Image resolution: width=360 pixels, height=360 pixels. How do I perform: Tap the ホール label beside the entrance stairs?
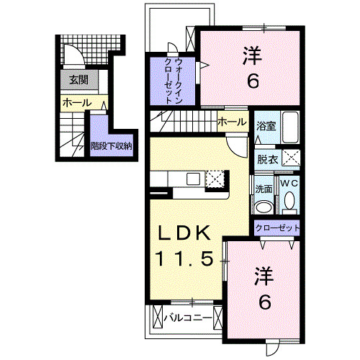[77, 103]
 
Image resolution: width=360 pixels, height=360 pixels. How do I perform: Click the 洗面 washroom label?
[264, 189]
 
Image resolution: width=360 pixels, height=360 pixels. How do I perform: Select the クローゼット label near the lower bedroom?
[276, 228]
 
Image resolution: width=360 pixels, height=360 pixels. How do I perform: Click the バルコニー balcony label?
[186, 316]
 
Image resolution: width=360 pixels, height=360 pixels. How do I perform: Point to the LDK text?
[184, 233]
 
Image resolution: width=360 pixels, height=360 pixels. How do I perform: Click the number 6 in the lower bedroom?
[265, 302]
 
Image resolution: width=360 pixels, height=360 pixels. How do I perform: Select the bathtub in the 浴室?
[292, 128]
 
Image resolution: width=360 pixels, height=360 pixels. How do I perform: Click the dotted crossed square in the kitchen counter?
[215, 179]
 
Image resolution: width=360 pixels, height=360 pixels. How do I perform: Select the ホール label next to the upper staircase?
[231, 121]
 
